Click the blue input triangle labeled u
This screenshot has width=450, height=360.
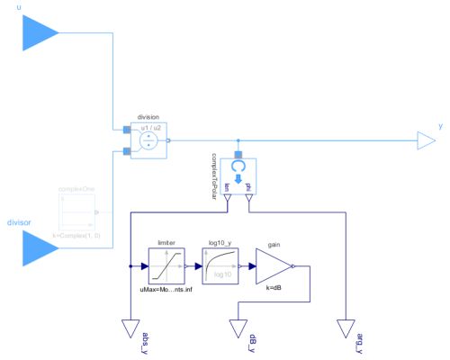tap(40, 34)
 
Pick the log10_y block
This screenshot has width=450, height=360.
tap(220, 266)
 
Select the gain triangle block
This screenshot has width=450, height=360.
tap(274, 266)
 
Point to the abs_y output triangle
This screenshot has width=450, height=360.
tap(131, 328)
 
